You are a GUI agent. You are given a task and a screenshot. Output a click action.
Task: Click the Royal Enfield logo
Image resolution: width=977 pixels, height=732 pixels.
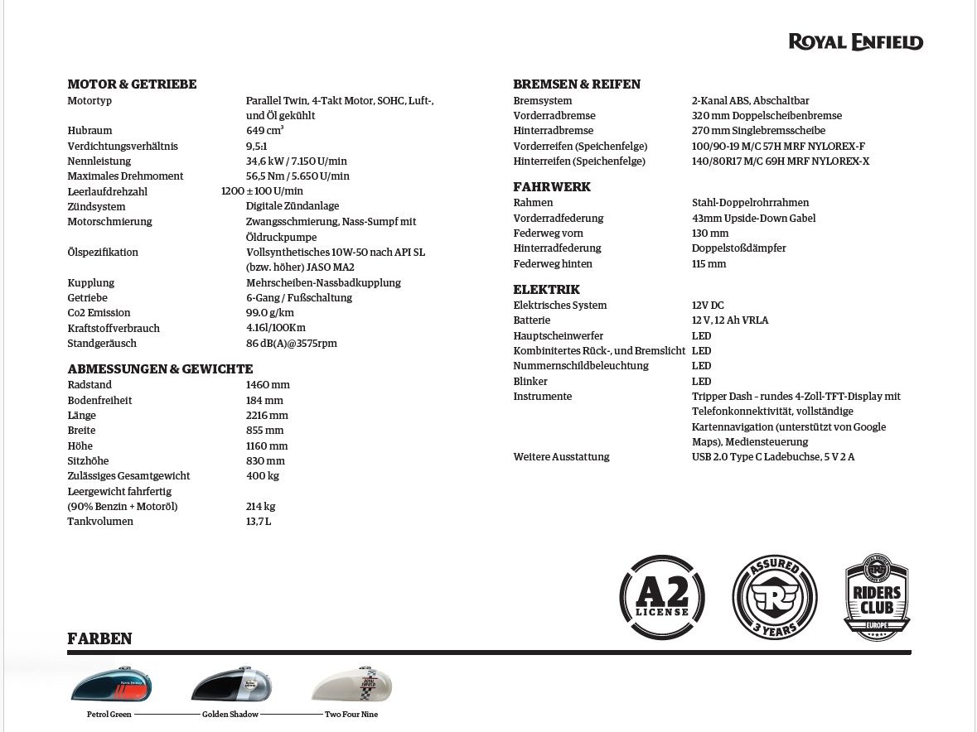855,42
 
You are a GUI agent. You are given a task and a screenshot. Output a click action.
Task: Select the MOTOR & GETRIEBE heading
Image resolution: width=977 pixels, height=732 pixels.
132,84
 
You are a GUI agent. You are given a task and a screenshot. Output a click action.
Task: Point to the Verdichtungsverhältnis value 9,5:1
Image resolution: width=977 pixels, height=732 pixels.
257,147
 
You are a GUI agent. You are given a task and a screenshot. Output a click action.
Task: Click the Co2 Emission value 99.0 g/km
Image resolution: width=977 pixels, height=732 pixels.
270,313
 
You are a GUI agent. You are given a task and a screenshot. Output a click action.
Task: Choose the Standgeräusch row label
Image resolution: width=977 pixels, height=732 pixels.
102,344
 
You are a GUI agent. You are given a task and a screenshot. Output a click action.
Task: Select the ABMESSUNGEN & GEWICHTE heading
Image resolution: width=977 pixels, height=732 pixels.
160,369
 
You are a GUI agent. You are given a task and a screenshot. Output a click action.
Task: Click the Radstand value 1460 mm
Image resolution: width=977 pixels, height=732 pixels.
268,385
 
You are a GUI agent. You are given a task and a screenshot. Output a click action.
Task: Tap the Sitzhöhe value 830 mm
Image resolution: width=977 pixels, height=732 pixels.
265,461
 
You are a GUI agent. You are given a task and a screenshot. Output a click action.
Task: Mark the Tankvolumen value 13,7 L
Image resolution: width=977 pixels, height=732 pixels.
259,522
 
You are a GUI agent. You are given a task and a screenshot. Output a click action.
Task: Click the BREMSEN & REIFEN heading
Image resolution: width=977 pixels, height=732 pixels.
577,84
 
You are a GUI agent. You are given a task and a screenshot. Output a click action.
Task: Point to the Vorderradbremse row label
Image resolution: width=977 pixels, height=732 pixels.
554,116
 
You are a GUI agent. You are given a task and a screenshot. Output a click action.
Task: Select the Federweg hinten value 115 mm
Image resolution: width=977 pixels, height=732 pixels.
709,264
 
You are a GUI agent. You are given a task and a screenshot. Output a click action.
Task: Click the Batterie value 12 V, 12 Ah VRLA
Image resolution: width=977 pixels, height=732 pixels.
730,320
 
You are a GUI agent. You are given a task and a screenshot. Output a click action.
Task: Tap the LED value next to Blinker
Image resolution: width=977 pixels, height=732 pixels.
701,382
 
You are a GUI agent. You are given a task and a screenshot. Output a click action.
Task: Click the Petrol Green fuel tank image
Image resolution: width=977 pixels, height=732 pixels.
111,685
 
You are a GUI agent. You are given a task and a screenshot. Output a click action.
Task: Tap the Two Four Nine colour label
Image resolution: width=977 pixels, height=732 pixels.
351,715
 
